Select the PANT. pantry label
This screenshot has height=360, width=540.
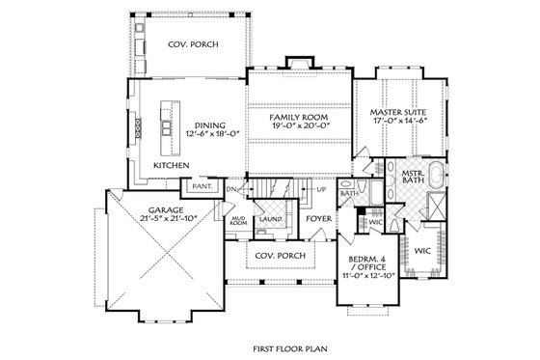(202, 184)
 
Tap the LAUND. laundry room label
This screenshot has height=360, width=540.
(269, 219)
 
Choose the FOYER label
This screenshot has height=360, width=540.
(317, 218)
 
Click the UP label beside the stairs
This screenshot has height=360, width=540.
(320, 190)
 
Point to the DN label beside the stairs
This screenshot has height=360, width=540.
(231, 190)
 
